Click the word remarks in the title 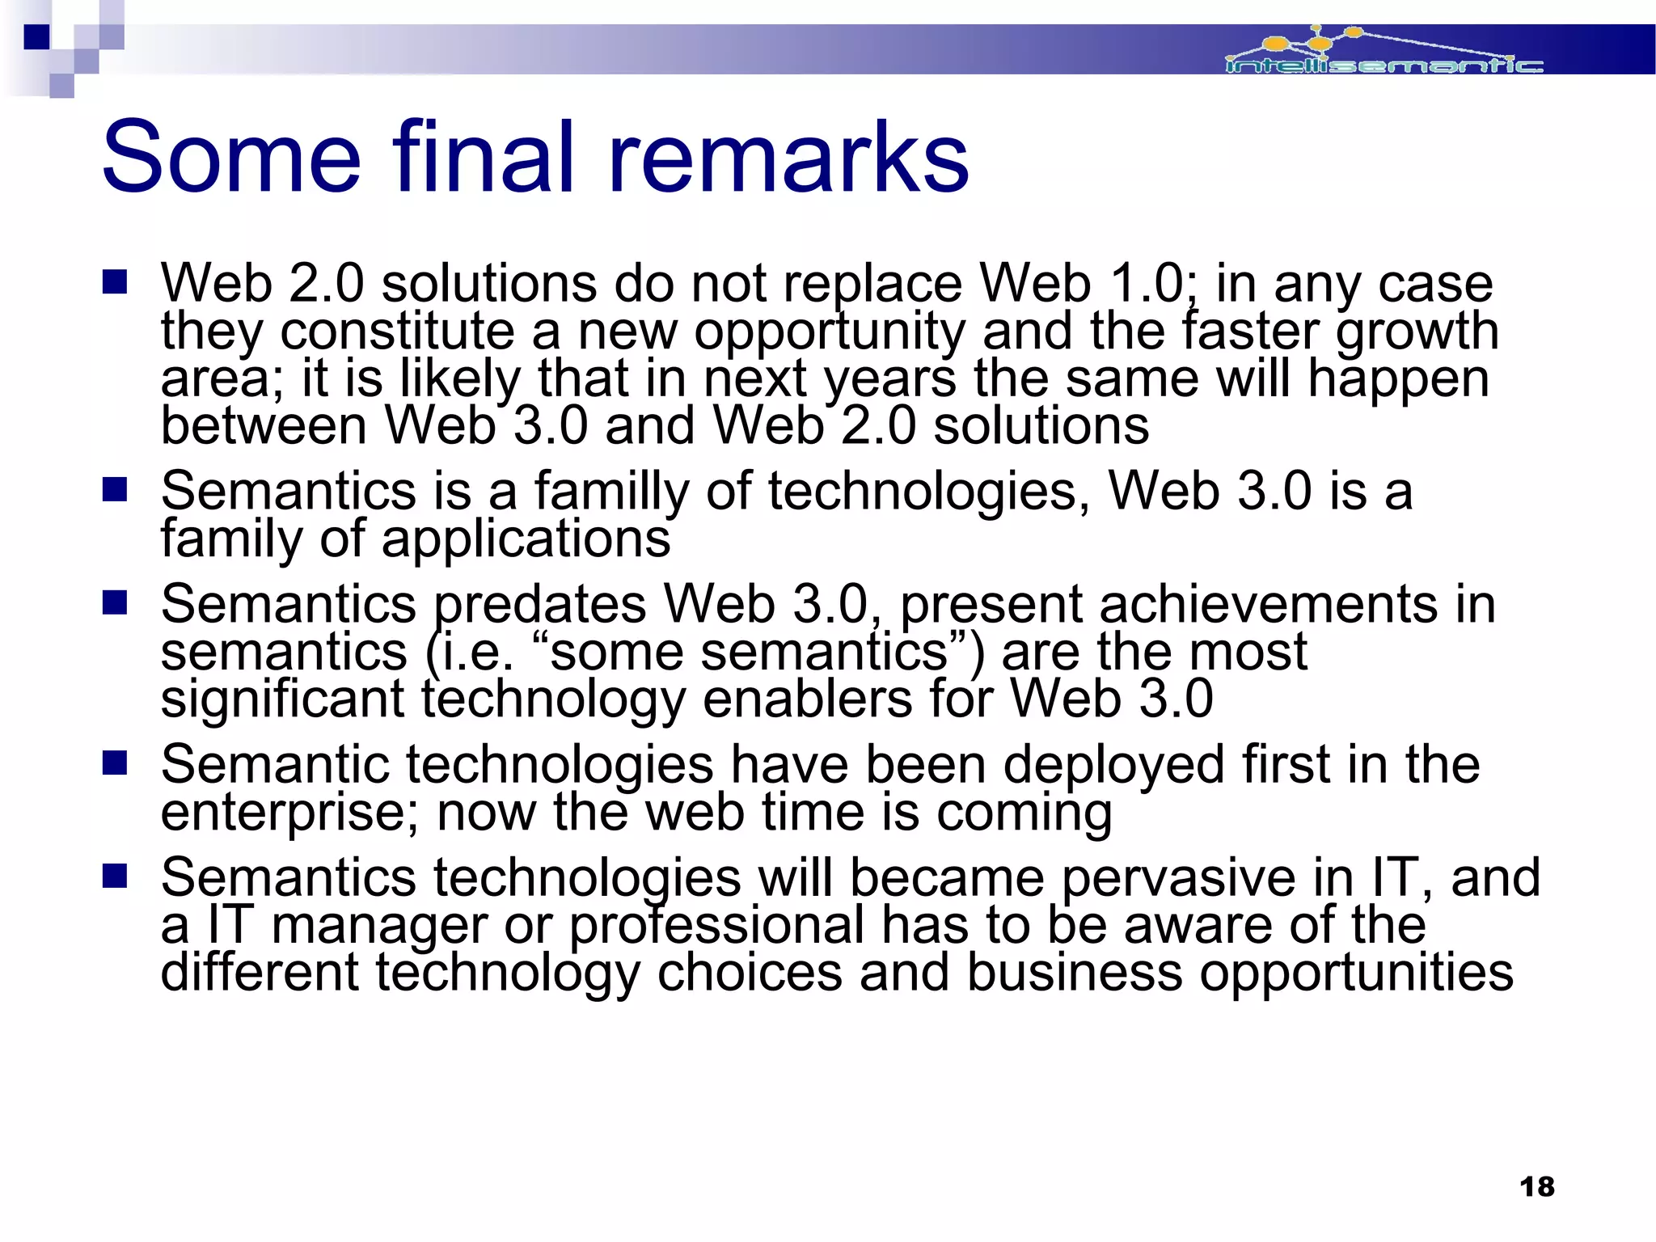click(788, 157)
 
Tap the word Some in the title click(231, 157)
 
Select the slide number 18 click(1536, 1187)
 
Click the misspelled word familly click(610, 491)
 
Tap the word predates click(540, 604)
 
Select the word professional click(716, 925)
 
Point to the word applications click(526, 539)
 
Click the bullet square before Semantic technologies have click(115, 763)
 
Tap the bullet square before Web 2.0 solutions click(115, 282)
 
